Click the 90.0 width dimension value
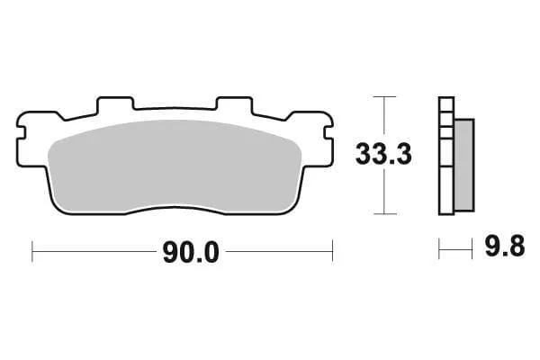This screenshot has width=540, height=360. coord(190,253)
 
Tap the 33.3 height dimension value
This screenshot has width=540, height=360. coord(383,155)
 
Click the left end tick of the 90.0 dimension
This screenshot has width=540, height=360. coord(31,251)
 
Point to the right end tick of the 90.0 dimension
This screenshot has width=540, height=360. coord(333,251)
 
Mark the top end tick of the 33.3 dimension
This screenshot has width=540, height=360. coord(384,95)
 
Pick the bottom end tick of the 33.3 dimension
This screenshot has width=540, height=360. coord(384,214)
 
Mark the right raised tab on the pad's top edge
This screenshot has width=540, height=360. coord(233,104)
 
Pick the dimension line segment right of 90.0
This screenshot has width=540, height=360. coord(279,251)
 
